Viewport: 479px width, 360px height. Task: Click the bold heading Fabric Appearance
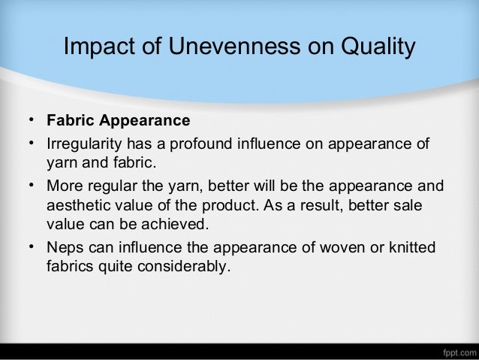118,121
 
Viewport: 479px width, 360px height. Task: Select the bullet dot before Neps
33,247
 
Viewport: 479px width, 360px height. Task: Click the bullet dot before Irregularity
33,143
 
